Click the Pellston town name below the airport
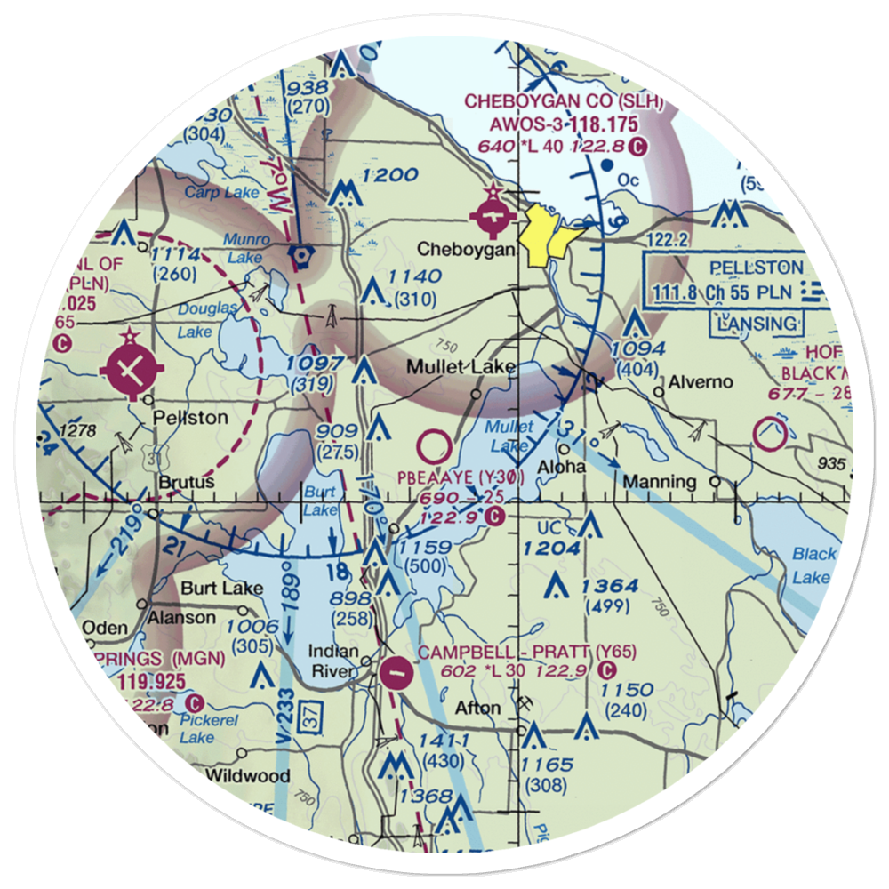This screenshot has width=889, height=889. pos(189,417)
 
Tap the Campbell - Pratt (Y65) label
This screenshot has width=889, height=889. pos(527,652)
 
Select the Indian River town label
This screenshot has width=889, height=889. pos(333,661)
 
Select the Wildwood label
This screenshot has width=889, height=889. pos(247,775)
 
